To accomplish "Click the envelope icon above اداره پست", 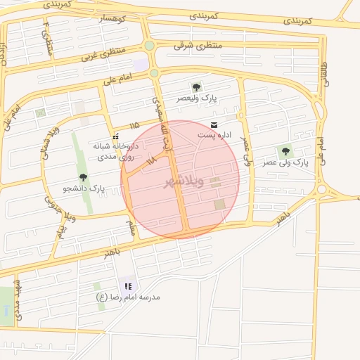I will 214,124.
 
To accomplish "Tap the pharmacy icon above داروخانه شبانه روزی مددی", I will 115,136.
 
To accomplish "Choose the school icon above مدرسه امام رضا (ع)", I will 128,286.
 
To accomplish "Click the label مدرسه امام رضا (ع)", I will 128,297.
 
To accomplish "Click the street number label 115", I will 134,125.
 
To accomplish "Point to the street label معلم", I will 130,227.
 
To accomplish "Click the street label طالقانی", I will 325,74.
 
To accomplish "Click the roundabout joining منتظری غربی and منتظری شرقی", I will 150,46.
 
